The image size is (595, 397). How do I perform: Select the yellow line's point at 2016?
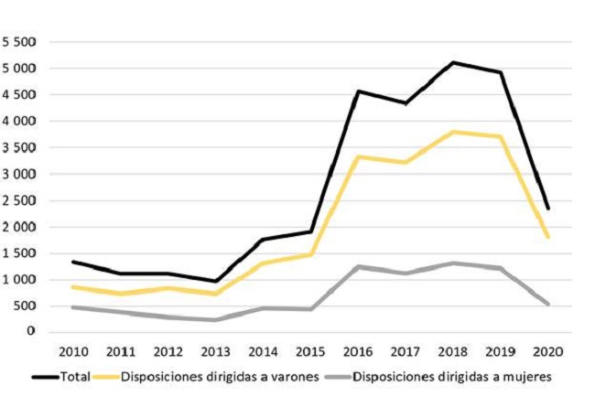coord(356,156)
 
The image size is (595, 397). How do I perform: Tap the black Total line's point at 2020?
coord(548,208)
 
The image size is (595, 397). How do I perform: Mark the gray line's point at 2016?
coord(356,266)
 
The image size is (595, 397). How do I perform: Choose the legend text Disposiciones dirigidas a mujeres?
coord(454,375)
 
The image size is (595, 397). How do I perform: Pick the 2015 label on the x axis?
coord(308,350)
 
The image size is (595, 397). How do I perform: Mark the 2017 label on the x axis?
coord(405,350)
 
